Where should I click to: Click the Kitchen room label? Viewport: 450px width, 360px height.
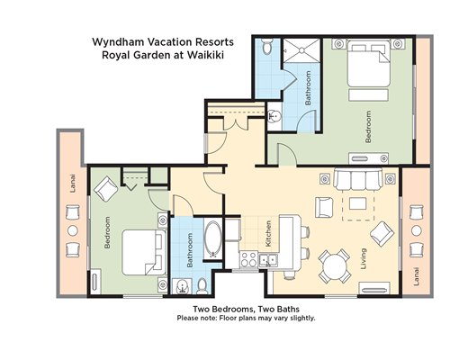(268, 234)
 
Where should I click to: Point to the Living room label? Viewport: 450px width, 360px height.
(364, 258)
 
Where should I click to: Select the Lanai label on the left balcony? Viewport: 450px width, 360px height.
(73, 184)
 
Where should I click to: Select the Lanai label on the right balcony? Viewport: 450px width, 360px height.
(416, 276)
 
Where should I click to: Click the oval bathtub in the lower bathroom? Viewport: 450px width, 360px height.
(213, 240)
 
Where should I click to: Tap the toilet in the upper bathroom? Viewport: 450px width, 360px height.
(266, 46)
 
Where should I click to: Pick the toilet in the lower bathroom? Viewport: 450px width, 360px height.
(202, 286)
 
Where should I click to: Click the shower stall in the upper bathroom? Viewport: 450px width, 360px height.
(301, 50)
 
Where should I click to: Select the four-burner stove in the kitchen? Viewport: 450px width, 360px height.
(248, 259)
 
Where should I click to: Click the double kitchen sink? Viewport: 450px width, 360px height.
(268, 260)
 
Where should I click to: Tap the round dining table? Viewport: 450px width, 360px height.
(334, 266)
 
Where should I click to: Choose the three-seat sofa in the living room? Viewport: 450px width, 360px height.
(358, 179)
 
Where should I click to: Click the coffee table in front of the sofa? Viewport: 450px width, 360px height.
(357, 203)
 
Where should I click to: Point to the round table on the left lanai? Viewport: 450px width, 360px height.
(73, 230)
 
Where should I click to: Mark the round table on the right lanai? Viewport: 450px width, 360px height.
(417, 230)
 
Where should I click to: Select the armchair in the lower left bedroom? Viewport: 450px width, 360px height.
(106, 189)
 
